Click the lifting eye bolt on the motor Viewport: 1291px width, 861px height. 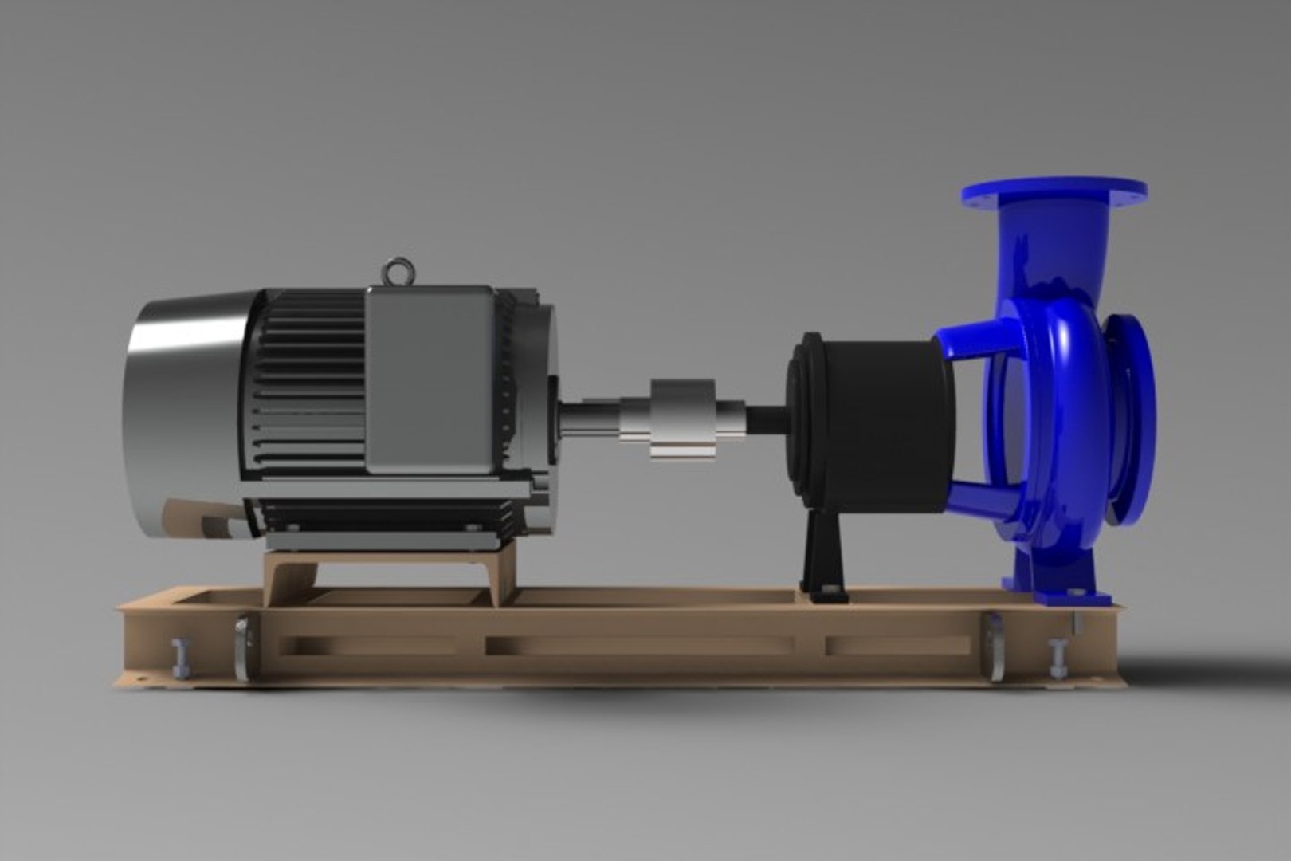pos(396,272)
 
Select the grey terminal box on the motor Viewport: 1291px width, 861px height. pos(430,379)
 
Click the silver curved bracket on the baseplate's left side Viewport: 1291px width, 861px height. pos(241,650)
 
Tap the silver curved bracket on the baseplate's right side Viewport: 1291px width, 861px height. pos(995,650)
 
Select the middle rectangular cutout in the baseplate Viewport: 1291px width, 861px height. pos(638,645)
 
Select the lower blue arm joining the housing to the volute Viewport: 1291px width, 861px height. pos(980,498)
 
